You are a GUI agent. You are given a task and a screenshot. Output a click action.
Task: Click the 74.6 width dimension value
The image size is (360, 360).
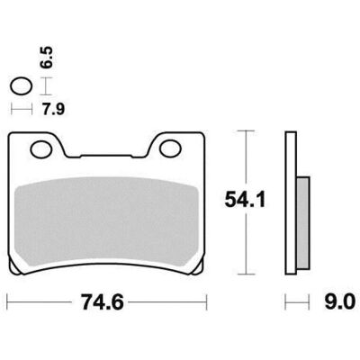pos(102,302)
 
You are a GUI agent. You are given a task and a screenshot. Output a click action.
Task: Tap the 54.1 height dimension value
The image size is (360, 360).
pos(245,200)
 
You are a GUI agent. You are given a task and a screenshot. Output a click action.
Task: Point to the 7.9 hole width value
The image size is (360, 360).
pos(53,109)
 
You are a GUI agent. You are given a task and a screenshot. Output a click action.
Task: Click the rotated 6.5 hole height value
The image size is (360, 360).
pos(48,57)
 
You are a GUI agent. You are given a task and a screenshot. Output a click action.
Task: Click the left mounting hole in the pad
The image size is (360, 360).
pos(41,149)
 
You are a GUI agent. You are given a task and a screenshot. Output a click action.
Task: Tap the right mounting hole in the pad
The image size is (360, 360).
pos(170,149)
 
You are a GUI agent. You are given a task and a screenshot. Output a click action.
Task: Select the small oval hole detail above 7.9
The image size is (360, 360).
pos(21,86)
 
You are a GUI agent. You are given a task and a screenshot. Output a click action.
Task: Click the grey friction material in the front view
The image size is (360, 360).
pos(106,220)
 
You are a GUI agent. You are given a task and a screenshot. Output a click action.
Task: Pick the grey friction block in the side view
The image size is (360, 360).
pos(303,222)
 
